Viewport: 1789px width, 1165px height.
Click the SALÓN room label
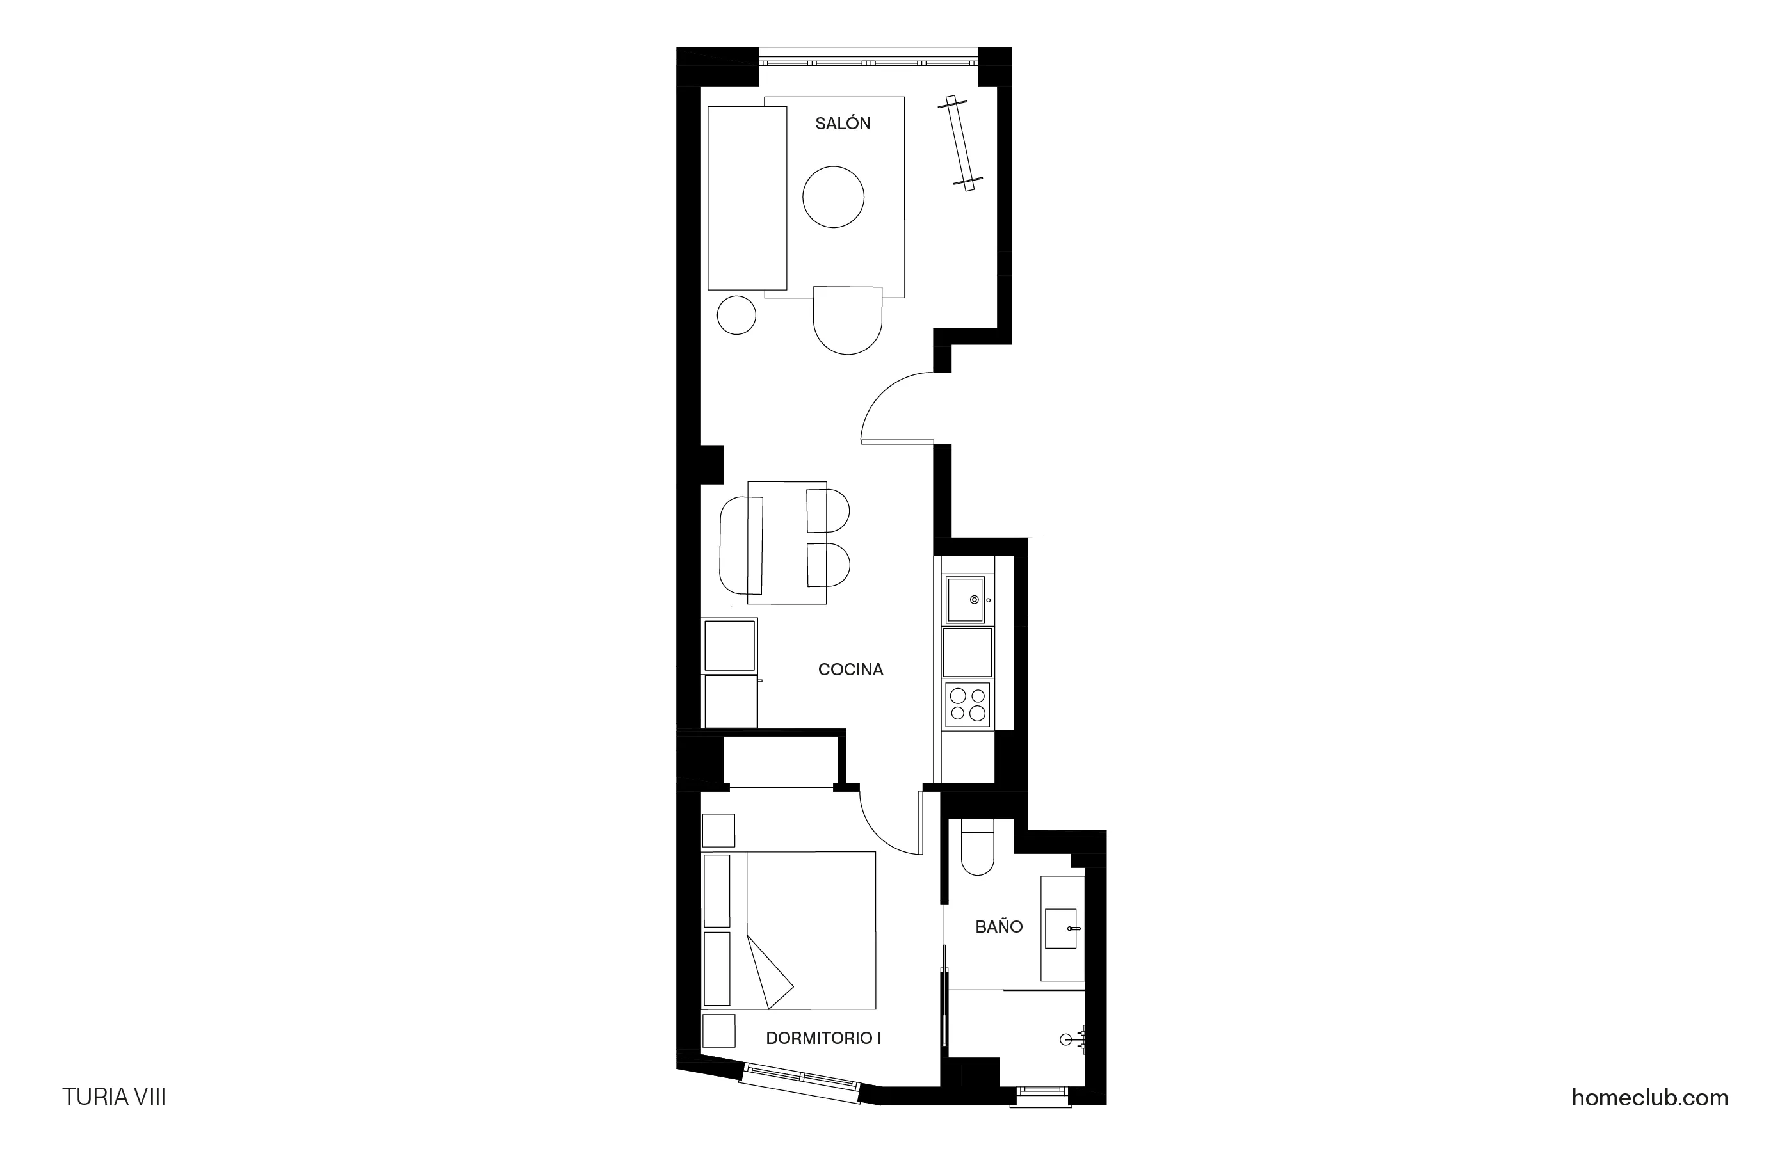coord(843,124)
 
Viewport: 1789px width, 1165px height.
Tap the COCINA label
coord(850,669)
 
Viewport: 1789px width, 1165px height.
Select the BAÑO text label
coord(998,927)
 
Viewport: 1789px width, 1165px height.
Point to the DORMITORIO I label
coord(823,1038)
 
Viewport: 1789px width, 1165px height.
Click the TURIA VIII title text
coord(113,1097)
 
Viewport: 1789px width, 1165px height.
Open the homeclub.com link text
coord(1649,1098)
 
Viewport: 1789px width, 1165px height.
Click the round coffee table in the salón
coord(833,197)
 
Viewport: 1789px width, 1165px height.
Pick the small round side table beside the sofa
coord(736,315)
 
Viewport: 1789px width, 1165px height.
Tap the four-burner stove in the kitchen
coord(967,704)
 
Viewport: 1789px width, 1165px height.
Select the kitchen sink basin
coord(965,599)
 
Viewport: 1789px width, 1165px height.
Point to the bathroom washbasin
coord(1060,928)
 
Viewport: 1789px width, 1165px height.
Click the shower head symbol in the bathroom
coord(1066,1040)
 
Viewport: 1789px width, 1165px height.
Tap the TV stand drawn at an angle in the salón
coord(960,143)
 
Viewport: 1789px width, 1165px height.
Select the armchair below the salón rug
coord(847,319)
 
